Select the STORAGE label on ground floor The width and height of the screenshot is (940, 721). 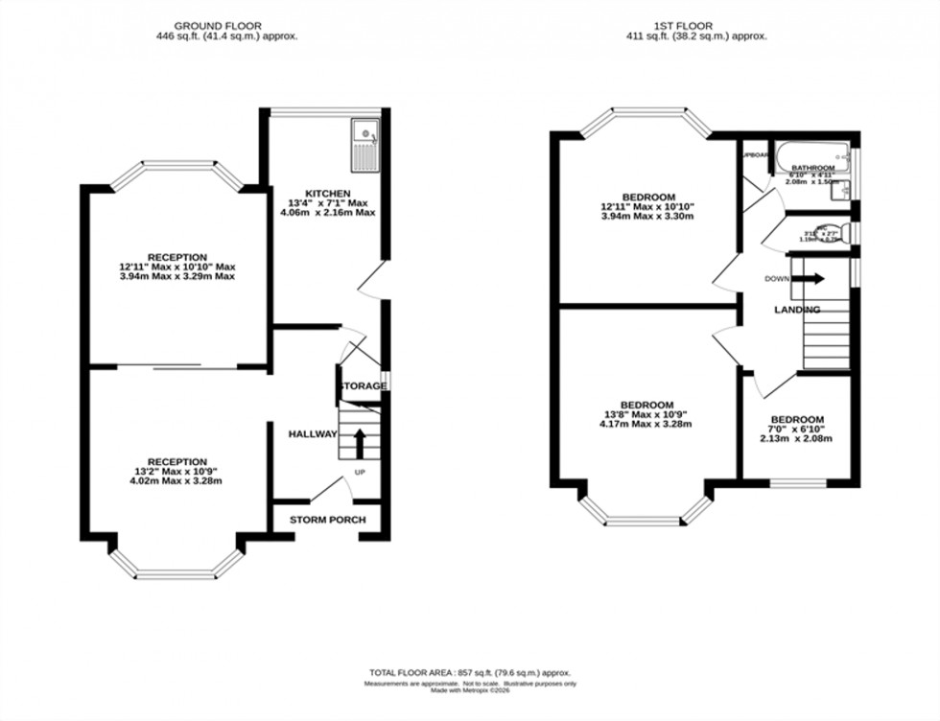tap(362, 386)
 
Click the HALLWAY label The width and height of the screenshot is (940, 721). tap(313, 434)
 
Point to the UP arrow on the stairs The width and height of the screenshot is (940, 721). tap(360, 442)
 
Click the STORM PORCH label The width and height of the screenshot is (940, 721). tap(328, 521)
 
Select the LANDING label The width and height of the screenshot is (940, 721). tap(797, 310)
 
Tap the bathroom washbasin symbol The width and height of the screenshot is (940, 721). tap(845, 191)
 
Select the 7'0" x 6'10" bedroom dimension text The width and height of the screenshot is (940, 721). tap(797, 430)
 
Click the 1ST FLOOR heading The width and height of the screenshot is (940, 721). tap(696, 25)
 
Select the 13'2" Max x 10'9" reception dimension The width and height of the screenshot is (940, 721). tap(177, 471)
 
